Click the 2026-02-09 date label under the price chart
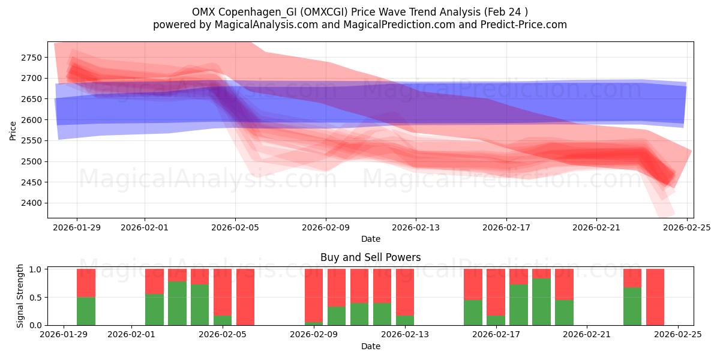(x=326, y=227)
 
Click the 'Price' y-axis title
(x=13, y=130)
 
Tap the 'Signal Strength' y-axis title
(x=20, y=296)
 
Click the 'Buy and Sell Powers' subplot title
(x=370, y=257)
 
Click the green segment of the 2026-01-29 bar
(x=86, y=311)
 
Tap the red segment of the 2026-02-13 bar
(x=405, y=292)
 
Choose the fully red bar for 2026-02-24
(x=655, y=297)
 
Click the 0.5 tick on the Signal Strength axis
(x=35, y=297)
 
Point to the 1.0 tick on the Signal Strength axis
(x=35, y=269)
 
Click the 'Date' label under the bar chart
(x=370, y=346)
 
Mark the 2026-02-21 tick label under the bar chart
(x=588, y=335)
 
